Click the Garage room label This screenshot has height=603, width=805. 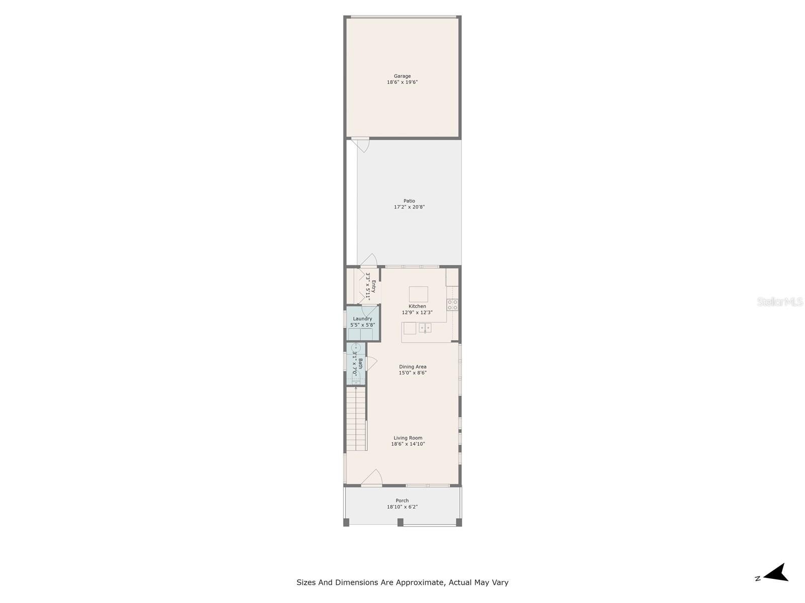[402, 76]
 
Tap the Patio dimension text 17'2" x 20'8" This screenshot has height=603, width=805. [409, 207]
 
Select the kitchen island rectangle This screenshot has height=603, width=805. [418, 294]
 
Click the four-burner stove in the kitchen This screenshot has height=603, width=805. [452, 305]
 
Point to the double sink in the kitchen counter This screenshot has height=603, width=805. [425, 328]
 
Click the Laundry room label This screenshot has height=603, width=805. [362, 319]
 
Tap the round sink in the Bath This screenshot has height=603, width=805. [356, 347]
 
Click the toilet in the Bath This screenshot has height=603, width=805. [356, 379]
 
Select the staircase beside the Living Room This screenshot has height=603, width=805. [356, 419]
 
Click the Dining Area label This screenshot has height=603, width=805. [413, 366]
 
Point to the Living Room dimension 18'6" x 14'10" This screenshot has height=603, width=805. [408, 444]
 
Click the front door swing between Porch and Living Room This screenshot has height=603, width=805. [372, 477]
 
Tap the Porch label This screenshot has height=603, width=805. [402, 500]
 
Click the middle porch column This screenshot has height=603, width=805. [400, 522]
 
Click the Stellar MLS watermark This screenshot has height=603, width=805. [780, 301]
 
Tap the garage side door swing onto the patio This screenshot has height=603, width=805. [360, 145]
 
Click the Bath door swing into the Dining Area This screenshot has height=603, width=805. [371, 363]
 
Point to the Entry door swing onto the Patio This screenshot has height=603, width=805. [369, 260]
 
